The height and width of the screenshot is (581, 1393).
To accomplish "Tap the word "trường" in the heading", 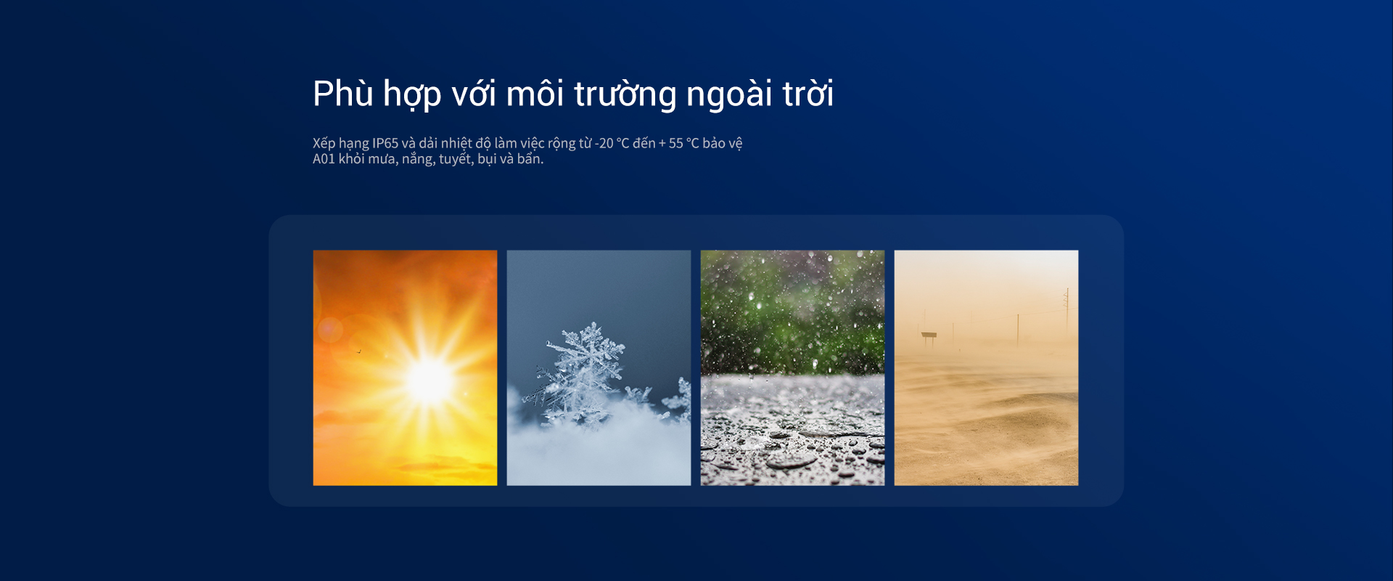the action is (625, 94).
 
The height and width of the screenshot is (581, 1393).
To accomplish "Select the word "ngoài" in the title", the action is (729, 94).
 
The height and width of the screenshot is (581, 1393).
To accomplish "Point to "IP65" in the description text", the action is (385, 143).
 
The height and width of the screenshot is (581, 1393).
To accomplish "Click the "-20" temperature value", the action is (604, 143).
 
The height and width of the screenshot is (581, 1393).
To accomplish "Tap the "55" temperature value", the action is (675, 143).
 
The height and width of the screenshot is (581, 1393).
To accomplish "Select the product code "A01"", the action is (324, 159).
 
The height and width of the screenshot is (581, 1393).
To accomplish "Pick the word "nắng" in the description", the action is (418, 159).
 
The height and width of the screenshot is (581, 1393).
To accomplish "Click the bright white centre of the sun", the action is (430, 381).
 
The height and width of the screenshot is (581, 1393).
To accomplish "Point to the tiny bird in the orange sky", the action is (358, 352).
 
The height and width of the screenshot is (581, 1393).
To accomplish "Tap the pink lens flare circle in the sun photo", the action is (330, 330).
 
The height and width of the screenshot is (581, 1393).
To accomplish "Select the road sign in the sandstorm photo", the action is (929, 337).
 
